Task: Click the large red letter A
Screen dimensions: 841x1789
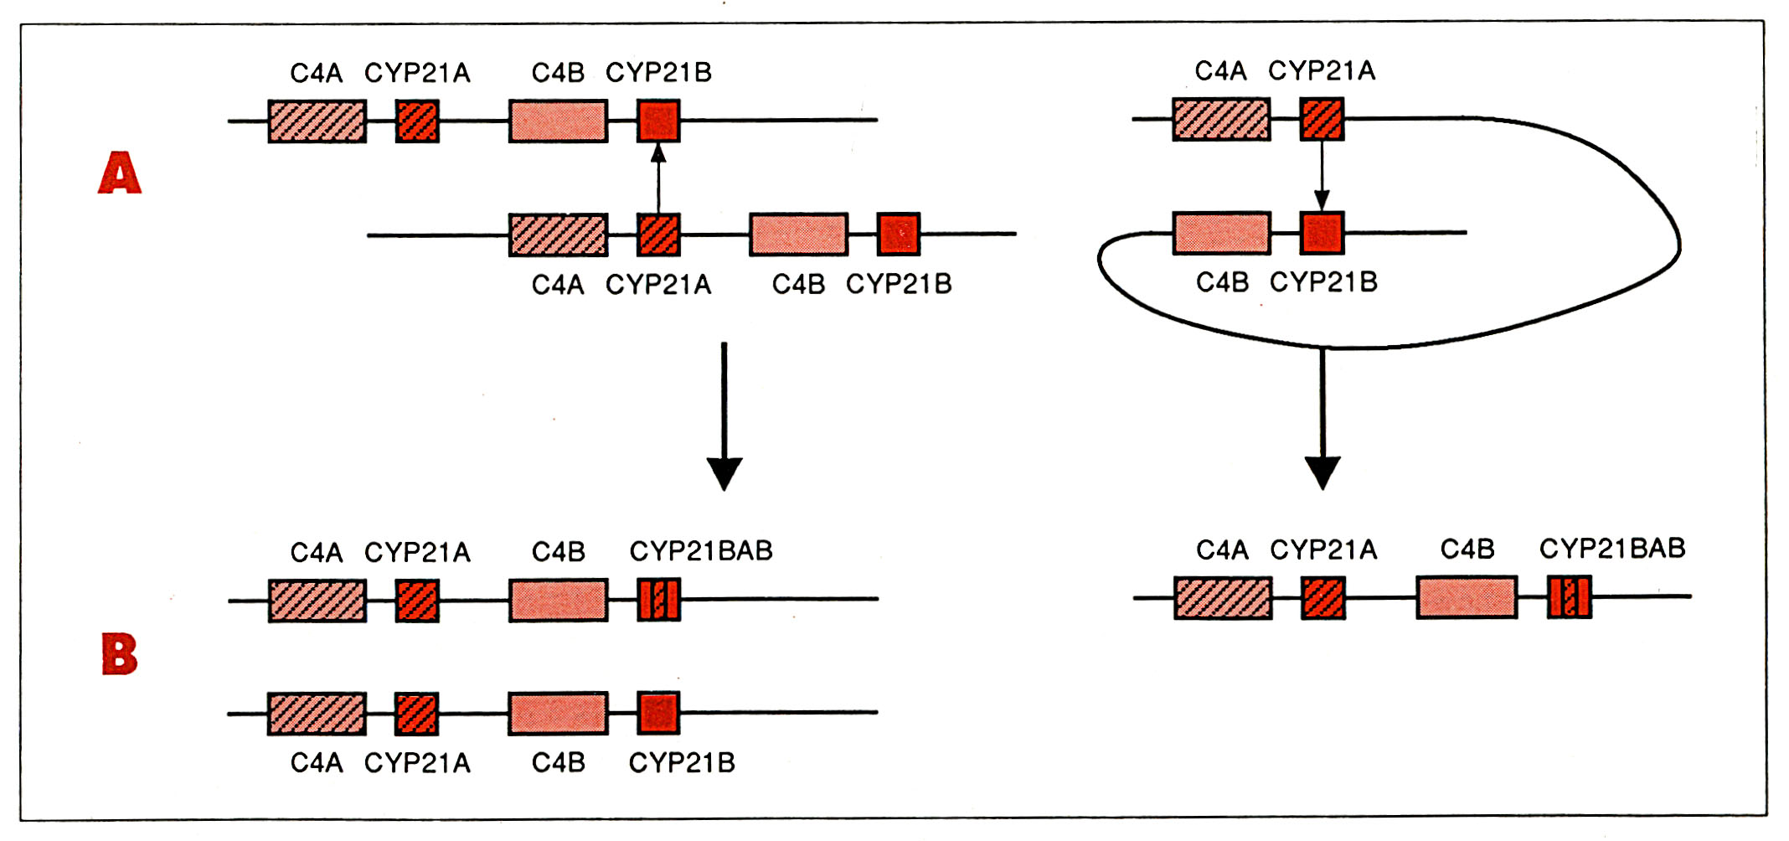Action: click(x=120, y=173)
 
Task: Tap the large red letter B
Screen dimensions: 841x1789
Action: click(x=120, y=654)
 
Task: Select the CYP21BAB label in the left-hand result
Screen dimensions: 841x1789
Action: click(x=701, y=551)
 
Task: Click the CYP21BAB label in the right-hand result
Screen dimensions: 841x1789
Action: click(x=1612, y=549)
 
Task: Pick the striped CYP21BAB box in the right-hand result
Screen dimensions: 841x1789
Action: click(x=1569, y=598)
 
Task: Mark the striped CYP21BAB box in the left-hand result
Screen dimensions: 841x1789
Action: click(x=659, y=600)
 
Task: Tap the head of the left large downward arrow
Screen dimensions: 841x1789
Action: click(x=724, y=473)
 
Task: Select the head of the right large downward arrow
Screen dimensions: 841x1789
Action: click(x=1322, y=472)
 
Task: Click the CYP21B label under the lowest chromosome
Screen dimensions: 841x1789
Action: click(x=682, y=763)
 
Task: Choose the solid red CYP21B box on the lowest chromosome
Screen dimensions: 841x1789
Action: click(x=658, y=714)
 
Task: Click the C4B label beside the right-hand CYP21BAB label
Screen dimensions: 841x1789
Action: click(x=1467, y=549)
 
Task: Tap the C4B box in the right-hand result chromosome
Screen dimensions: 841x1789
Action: click(x=1467, y=598)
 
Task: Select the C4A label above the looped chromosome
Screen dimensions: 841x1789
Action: click(x=1220, y=71)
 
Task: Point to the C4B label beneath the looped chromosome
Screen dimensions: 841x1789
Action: click(x=1222, y=282)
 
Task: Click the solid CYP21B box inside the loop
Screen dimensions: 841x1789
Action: click(x=1322, y=233)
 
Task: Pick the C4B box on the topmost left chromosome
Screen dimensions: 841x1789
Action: click(x=558, y=121)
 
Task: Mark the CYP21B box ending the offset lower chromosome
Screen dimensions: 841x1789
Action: click(x=899, y=234)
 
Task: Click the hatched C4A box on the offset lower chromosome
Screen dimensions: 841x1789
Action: click(x=558, y=235)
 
